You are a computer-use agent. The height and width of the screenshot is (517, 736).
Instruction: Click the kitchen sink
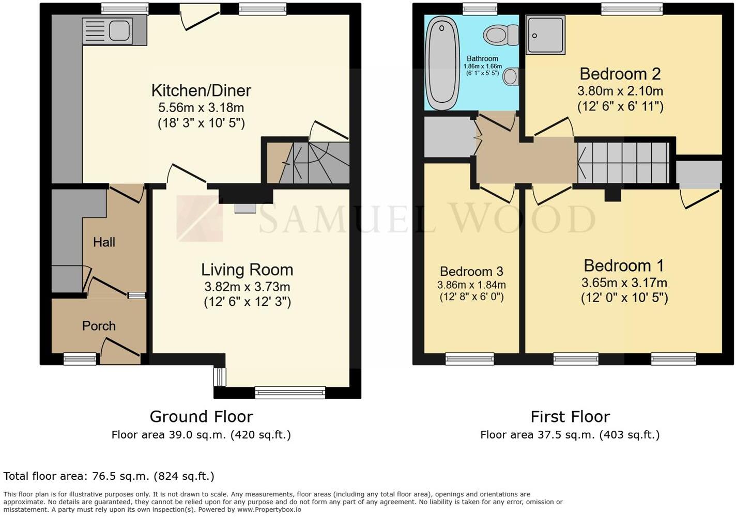pyautogui.click(x=108, y=30)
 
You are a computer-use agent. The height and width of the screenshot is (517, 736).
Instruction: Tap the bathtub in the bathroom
pyautogui.click(x=442, y=62)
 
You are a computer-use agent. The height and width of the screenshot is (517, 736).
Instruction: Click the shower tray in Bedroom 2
pyautogui.click(x=545, y=35)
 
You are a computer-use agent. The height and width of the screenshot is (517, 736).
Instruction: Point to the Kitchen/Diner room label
pyautogui.click(x=201, y=90)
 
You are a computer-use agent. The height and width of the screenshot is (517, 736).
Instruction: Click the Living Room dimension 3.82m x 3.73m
pyautogui.click(x=247, y=287)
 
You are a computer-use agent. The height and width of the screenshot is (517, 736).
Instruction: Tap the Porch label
pyautogui.click(x=99, y=326)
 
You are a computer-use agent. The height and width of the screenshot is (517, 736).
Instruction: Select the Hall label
pyautogui.click(x=104, y=242)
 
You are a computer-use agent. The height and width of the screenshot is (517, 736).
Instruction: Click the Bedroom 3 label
pyautogui.click(x=471, y=272)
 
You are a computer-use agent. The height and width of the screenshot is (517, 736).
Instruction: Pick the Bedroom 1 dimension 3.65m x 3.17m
pyautogui.click(x=624, y=283)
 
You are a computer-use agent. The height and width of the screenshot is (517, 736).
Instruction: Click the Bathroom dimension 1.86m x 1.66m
pyautogui.click(x=482, y=67)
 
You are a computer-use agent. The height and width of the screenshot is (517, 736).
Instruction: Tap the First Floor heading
pyautogui.click(x=570, y=417)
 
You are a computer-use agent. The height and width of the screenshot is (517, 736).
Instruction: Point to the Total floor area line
pyautogui.click(x=109, y=476)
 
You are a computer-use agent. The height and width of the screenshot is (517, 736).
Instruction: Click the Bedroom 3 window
pyautogui.click(x=469, y=358)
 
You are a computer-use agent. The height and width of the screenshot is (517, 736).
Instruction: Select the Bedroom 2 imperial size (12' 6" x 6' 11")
pyautogui.click(x=620, y=106)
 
